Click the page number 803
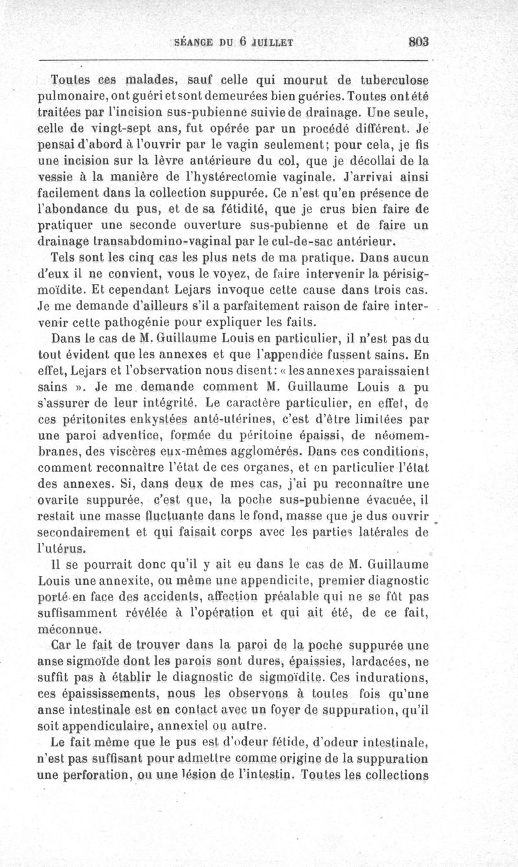click(x=420, y=43)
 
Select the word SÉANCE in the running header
click(x=194, y=43)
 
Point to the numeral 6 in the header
click(x=243, y=43)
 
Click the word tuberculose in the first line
click(x=393, y=80)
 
